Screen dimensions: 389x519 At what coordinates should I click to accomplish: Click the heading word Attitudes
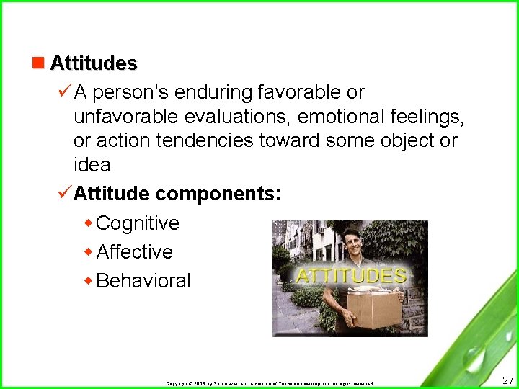point(93,63)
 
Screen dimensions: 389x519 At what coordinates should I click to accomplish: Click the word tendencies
point(210,140)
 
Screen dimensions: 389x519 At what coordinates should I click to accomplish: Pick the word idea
point(92,165)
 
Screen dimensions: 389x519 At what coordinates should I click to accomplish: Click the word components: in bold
point(218,194)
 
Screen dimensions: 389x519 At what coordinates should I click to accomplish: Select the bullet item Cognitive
point(137,223)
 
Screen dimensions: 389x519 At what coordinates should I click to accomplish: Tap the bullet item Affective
point(134,252)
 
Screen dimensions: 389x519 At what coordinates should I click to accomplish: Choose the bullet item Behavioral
point(143,281)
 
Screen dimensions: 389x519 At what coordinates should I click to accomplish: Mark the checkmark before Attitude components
point(64,193)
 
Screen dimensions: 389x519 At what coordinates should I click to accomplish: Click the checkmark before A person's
point(64,91)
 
